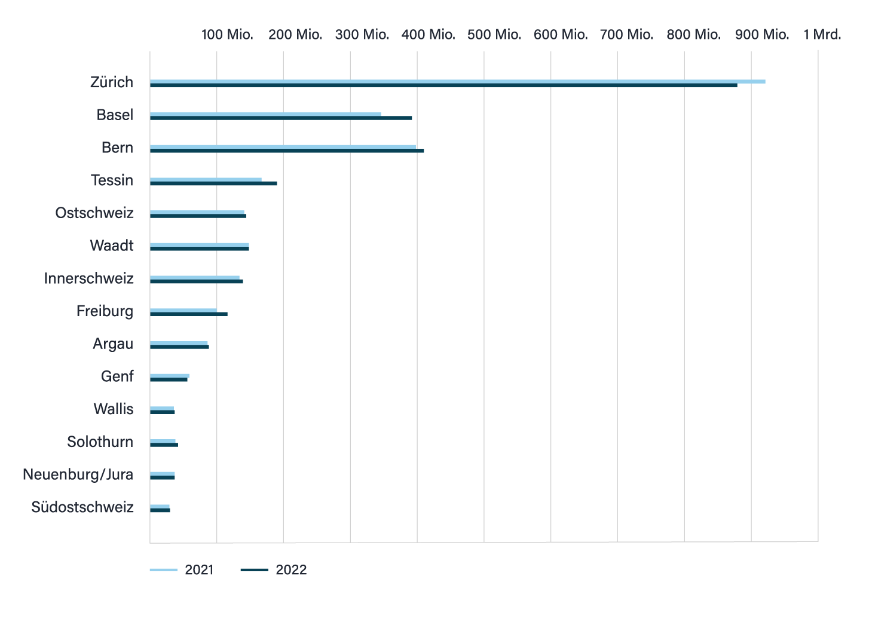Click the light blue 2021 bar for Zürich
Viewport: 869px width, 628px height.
click(457, 81)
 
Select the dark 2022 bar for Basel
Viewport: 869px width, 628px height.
click(281, 118)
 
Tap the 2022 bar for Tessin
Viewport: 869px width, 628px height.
click(213, 183)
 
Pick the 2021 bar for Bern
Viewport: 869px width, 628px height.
click(283, 146)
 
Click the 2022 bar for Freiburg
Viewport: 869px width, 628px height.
click(188, 314)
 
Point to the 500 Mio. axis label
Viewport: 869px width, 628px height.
click(494, 35)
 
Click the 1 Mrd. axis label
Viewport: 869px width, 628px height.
click(822, 35)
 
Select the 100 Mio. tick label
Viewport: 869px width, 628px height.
click(227, 35)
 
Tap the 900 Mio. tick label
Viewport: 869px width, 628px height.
click(761, 35)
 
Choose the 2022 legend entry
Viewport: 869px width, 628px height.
click(273, 570)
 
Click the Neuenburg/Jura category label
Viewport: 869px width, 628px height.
click(78, 474)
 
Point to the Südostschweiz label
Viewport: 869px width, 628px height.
click(82, 507)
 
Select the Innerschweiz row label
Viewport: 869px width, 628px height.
click(88, 278)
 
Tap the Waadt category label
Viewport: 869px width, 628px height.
click(112, 246)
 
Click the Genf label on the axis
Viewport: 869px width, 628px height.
click(117, 376)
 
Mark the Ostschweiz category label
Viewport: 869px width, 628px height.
click(94, 213)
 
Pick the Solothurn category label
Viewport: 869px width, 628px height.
click(100, 442)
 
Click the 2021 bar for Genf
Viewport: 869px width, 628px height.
click(170, 375)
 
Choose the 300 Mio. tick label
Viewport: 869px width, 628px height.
click(362, 35)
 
